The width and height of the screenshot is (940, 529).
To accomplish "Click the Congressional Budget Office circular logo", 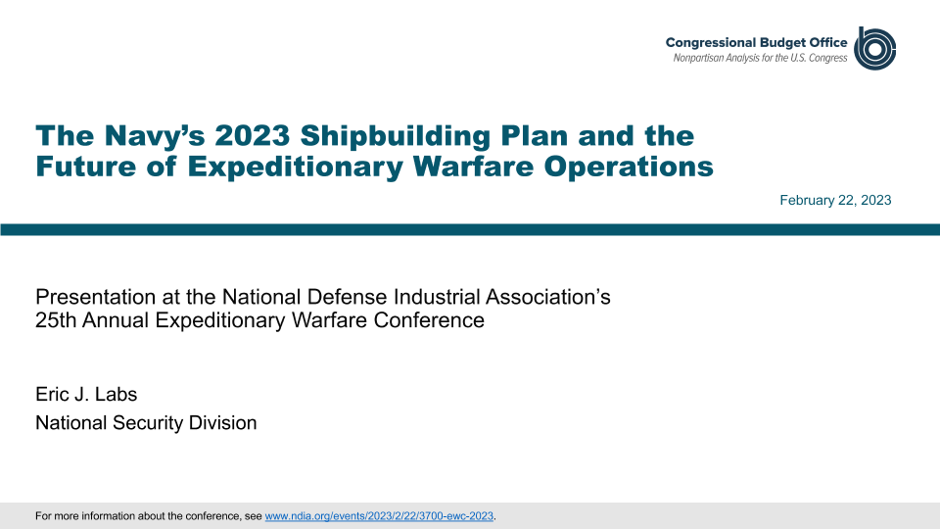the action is point(874,48).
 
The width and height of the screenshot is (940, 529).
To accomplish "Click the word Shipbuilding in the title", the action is point(396,136).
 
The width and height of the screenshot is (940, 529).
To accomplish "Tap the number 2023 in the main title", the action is point(253,135).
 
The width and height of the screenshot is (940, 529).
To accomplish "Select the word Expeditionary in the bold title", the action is point(296,167).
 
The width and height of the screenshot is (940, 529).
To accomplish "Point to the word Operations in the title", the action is point(629,167).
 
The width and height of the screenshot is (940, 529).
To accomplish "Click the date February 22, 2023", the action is point(835,200).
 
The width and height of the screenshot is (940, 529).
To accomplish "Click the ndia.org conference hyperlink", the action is point(379,516).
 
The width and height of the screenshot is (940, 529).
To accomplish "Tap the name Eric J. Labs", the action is point(86,394).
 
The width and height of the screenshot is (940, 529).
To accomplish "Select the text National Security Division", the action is point(146,423).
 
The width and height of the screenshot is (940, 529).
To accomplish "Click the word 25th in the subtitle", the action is point(56,320).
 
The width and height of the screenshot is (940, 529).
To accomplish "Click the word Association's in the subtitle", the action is point(548,297).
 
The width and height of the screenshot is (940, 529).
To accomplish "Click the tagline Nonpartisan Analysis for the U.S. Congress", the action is point(760,58).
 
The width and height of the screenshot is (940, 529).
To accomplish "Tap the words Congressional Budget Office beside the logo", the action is point(757,42).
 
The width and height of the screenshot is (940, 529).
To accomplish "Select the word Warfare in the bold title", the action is point(474,167).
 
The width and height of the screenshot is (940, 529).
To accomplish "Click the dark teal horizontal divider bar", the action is point(470,229).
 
